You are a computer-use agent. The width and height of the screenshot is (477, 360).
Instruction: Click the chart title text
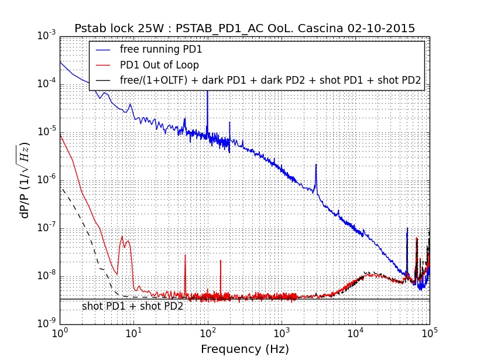point(245,28)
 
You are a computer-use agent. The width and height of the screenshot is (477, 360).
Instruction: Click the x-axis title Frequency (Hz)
point(245,349)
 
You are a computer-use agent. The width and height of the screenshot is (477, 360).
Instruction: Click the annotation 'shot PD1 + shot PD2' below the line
point(132,306)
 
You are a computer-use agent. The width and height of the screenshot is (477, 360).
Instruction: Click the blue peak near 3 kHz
point(316,165)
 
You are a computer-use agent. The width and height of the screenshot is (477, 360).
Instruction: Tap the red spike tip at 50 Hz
point(185,255)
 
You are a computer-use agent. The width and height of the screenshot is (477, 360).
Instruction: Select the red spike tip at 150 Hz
point(221,260)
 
